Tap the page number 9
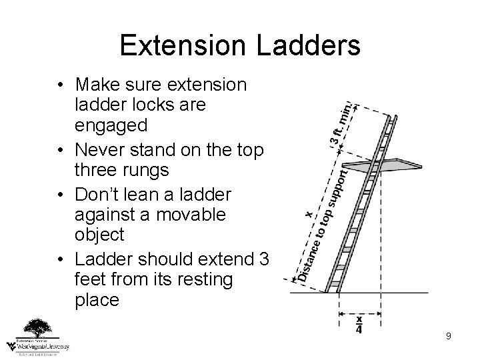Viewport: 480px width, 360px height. tap(449, 336)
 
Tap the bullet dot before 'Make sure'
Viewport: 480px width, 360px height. tap(61, 85)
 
